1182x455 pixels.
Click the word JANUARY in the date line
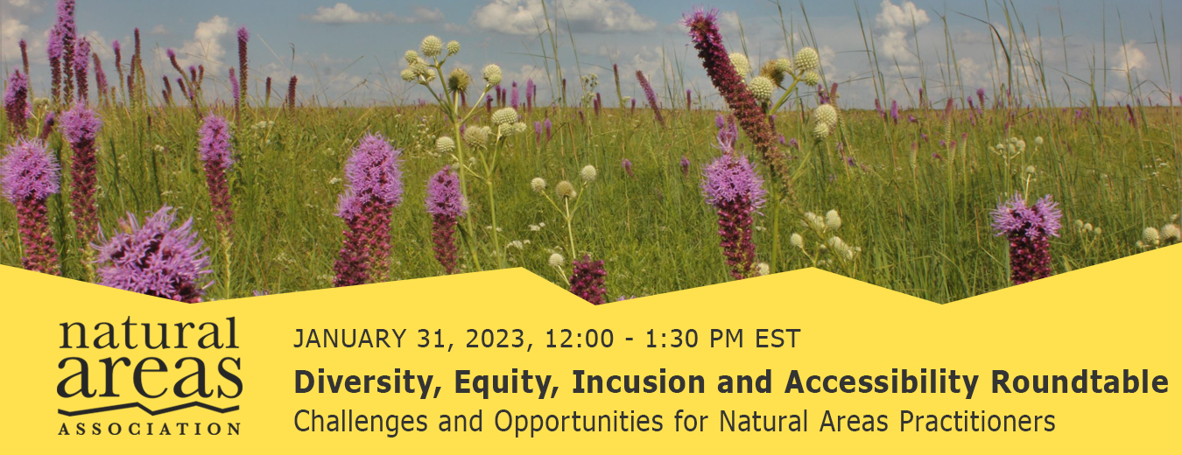350,339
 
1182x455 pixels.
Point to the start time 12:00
572,339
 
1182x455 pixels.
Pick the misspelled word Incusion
638,381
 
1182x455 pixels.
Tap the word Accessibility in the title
881,382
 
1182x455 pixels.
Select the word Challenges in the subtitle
362,422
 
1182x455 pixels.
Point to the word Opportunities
579,422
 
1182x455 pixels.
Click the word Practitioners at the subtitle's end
977,421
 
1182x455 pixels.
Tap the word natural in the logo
150,332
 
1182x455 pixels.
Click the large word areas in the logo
150,377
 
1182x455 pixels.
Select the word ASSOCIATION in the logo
150,428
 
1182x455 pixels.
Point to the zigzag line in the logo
150,409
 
